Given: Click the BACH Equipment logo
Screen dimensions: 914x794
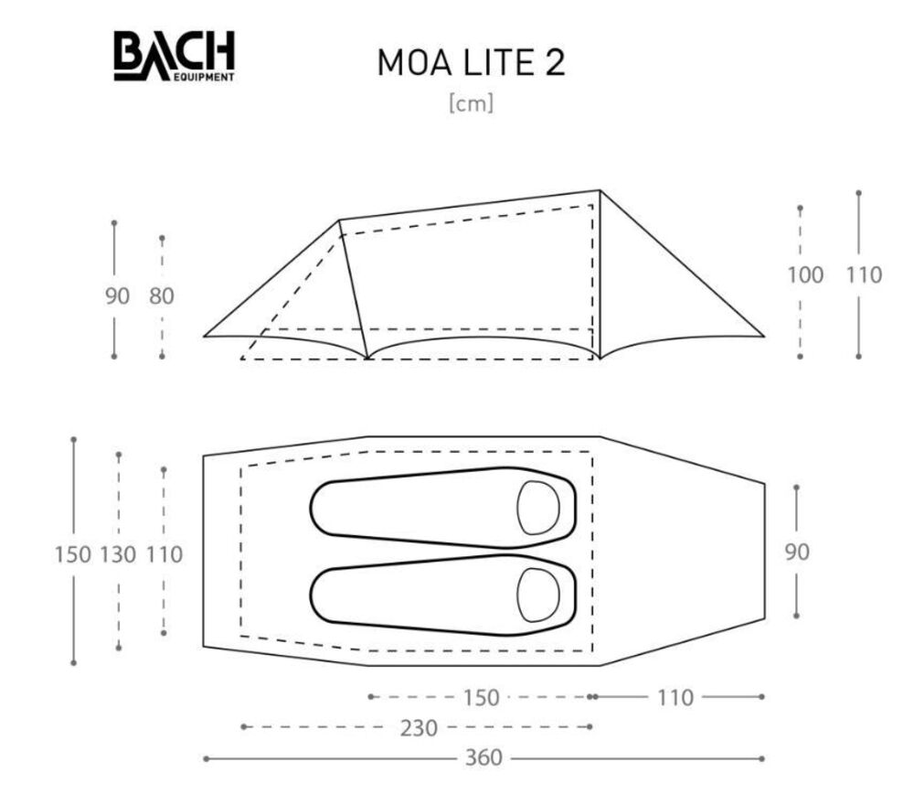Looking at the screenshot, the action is tap(175, 56).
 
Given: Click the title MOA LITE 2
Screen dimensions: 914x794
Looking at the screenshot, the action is tap(471, 62).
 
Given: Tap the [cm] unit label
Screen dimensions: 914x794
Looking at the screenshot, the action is tap(471, 104).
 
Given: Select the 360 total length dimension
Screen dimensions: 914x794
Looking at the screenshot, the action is tap(484, 757).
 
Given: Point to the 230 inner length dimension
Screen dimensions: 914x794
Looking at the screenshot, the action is tap(419, 728).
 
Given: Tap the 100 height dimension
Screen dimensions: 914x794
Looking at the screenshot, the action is tap(805, 274).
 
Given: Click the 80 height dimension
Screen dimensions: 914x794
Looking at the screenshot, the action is tap(162, 296).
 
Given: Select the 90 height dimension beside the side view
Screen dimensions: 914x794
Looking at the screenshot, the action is tap(117, 296).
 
